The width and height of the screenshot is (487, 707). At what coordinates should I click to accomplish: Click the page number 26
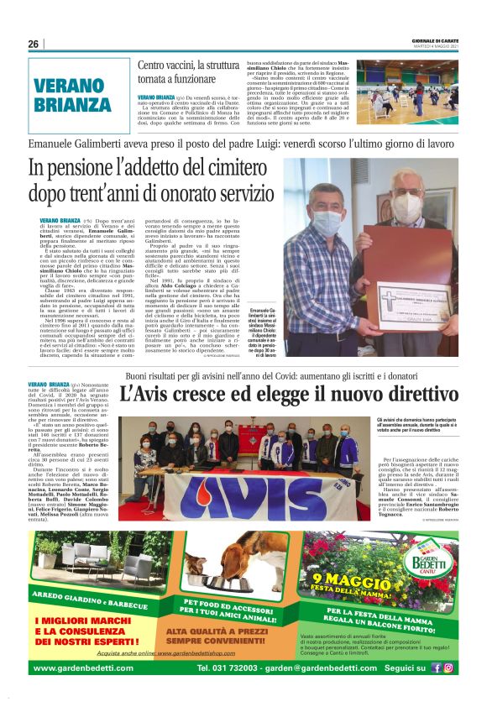[x=34, y=45]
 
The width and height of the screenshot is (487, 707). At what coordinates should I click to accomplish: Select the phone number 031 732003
[x=228, y=668]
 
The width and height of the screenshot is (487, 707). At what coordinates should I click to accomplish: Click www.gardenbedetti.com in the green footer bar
[x=82, y=668]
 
